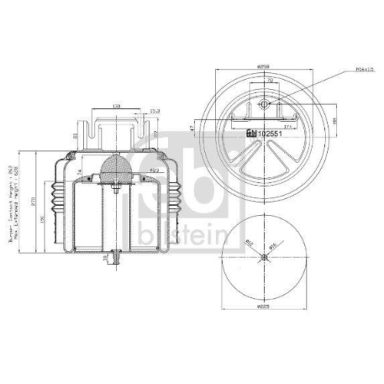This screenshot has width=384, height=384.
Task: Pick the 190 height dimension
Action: tap(41, 222)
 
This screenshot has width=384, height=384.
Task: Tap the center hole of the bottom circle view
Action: tap(263, 257)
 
